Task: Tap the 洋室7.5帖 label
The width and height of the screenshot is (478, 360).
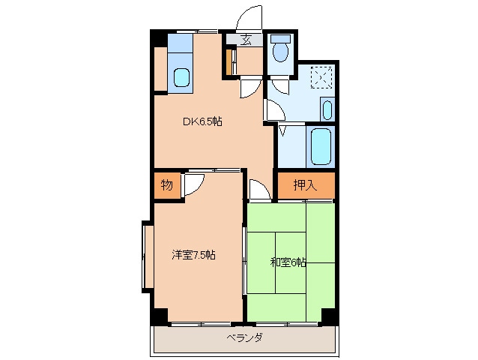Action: coord(193,255)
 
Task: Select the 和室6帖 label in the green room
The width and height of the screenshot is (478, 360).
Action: coord(288,262)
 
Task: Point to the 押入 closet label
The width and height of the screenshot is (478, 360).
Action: coord(304,185)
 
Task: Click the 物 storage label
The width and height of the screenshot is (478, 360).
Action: coord(166,185)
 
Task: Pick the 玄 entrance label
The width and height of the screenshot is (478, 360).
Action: coord(246,40)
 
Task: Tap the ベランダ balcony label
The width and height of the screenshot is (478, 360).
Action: coord(244,338)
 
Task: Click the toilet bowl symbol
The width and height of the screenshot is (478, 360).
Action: coord(280,50)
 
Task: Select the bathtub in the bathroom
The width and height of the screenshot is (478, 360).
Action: coord(321,147)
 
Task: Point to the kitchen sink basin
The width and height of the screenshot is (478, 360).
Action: coord(181,76)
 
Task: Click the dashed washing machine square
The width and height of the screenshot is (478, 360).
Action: coord(322,76)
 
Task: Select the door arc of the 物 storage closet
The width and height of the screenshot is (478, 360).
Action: coord(193,184)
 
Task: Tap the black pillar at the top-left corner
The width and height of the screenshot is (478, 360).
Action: coord(156,37)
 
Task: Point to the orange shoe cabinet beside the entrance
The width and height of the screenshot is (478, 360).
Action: coord(229,62)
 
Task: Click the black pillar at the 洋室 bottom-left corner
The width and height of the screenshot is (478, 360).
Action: coord(160,316)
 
